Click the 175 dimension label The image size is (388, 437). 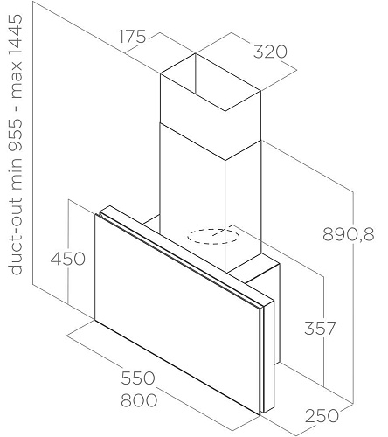tap(133, 37)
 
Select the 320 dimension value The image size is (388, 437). tap(270, 52)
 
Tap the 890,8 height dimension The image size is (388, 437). tap(349, 234)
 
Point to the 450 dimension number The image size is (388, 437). tap(68, 259)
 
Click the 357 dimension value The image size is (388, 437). tap(320, 328)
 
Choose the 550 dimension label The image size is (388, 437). tap(138, 378)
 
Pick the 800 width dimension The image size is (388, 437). tap(139, 400)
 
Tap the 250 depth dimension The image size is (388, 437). tap(322, 415)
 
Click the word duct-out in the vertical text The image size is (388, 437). tap(16, 235)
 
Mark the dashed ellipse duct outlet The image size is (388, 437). tap(213, 236)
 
